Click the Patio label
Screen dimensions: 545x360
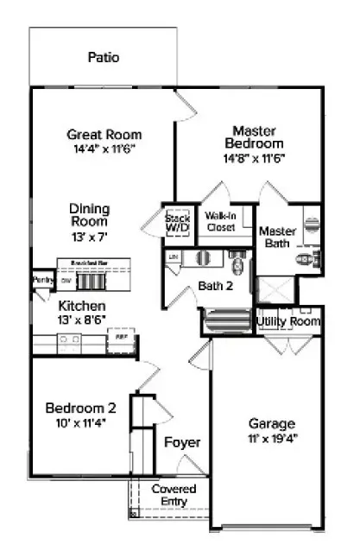pyautogui.click(x=103, y=58)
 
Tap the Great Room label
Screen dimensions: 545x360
pyautogui.click(x=104, y=135)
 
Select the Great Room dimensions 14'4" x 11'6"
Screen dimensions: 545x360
pyautogui.click(x=104, y=149)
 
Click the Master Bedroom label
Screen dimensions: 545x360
pyautogui.click(x=254, y=136)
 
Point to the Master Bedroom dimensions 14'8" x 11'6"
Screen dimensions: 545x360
pyautogui.click(x=254, y=158)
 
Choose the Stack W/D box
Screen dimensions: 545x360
pyautogui.click(x=177, y=225)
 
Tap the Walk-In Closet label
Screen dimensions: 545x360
pyautogui.click(x=221, y=222)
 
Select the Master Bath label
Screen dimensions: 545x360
pyautogui.click(x=277, y=238)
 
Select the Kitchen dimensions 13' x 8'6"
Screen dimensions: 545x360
pyautogui.click(x=82, y=321)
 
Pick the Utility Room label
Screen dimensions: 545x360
pyautogui.click(x=288, y=321)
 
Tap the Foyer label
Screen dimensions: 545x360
pyautogui.click(x=182, y=442)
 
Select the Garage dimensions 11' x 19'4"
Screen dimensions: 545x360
pyautogui.click(x=272, y=439)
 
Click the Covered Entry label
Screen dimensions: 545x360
pyautogui.click(x=174, y=495)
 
